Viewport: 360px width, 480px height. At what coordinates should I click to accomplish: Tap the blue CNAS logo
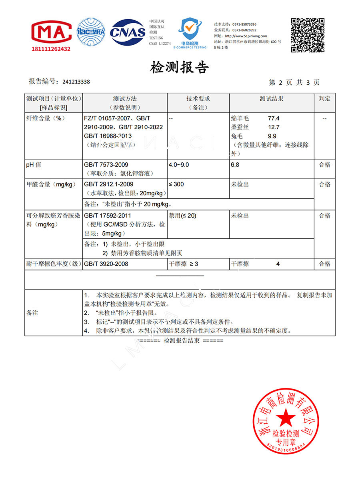(x=128, y=32)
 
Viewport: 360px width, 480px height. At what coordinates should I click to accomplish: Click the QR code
(x=307, y=35)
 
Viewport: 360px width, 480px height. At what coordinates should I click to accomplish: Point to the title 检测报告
(x=180, y=68)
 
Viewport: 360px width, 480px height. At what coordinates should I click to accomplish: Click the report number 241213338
(x=76, y=82)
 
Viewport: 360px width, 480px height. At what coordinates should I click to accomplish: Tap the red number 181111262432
(x=51, y=49)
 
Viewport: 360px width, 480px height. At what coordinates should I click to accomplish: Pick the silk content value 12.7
(x=274, y=127)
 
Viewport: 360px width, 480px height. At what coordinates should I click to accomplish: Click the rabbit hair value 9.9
(x=272, y=136)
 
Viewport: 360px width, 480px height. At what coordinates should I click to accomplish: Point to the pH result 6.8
(x=235, y=165)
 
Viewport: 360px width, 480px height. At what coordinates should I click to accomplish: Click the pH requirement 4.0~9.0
(x=179, y=165)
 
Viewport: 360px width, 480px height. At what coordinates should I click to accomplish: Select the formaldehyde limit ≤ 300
(x=177, y=184)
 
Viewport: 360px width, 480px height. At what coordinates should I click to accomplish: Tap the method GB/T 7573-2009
(x=106, y=165)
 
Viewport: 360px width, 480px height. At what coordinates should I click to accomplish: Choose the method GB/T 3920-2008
(x=106, y=264)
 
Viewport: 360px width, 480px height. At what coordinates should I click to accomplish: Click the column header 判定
(x=324, y=99)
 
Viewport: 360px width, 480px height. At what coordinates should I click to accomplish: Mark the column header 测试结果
(x=271, y=99)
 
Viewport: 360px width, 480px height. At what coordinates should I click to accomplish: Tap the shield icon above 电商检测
(x=190, y=30)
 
